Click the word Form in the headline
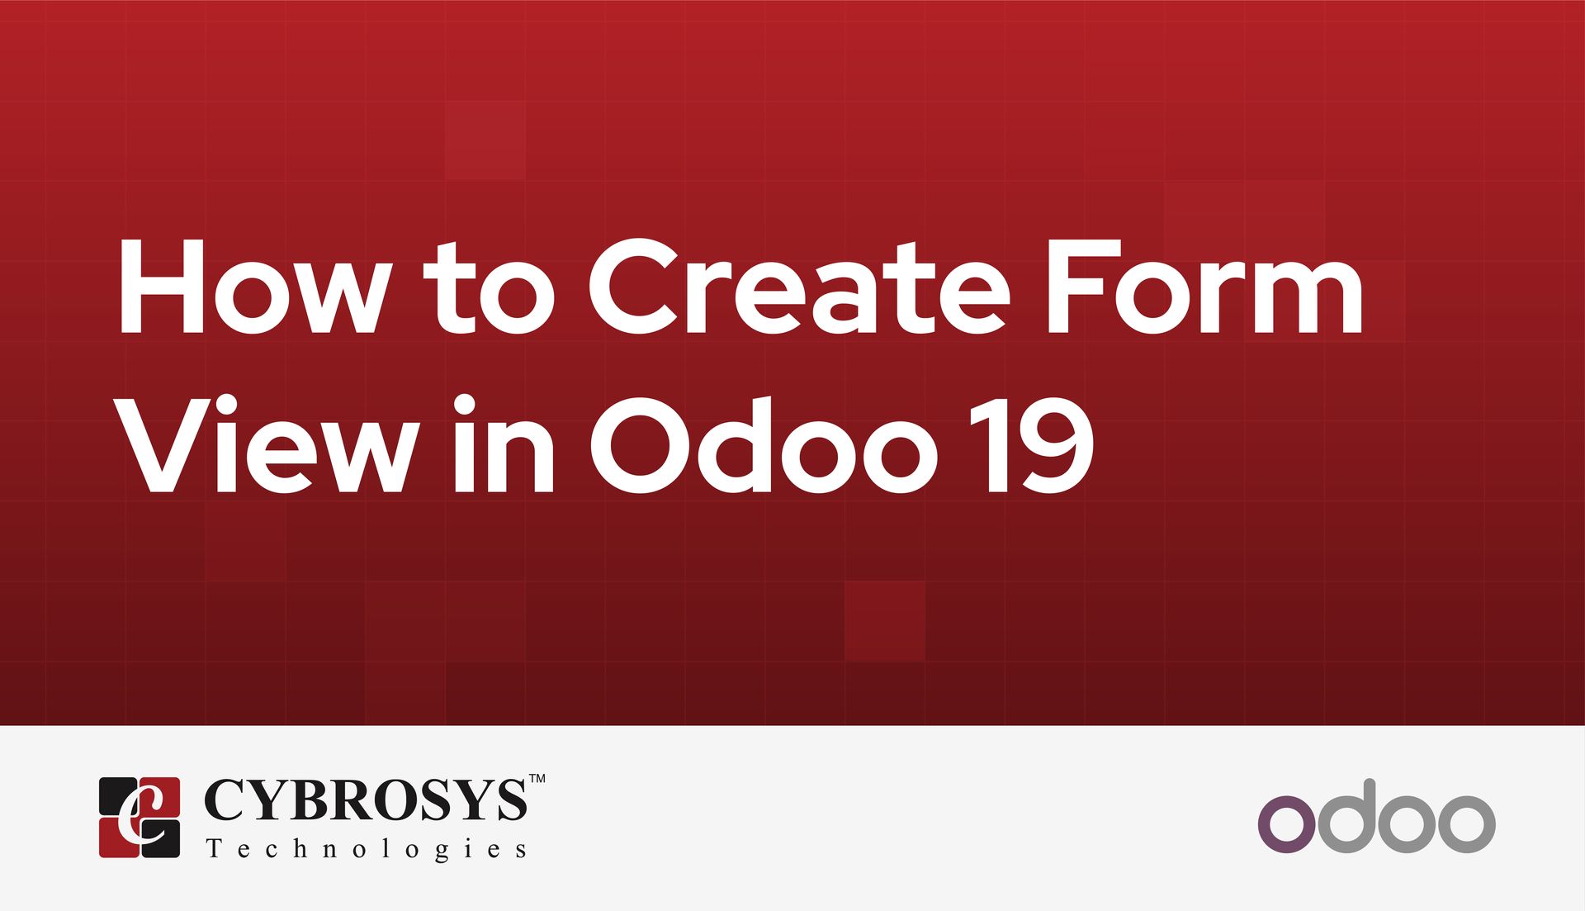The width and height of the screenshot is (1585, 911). (x=1204, y=287)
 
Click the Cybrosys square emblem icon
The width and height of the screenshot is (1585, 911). (x=140, y=817)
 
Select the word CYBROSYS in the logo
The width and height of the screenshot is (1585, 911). (x=365, y=799)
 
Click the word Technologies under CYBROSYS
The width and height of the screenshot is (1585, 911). (x=367, y=849)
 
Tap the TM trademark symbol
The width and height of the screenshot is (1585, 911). (x=537, y=778)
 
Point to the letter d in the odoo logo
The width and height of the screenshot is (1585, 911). (x=1347, y=816)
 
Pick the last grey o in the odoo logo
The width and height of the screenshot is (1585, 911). (x=1466, y=823)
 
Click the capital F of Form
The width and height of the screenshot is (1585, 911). (x=1076, y=287)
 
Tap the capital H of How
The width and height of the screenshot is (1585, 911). (x=162, y=287)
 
